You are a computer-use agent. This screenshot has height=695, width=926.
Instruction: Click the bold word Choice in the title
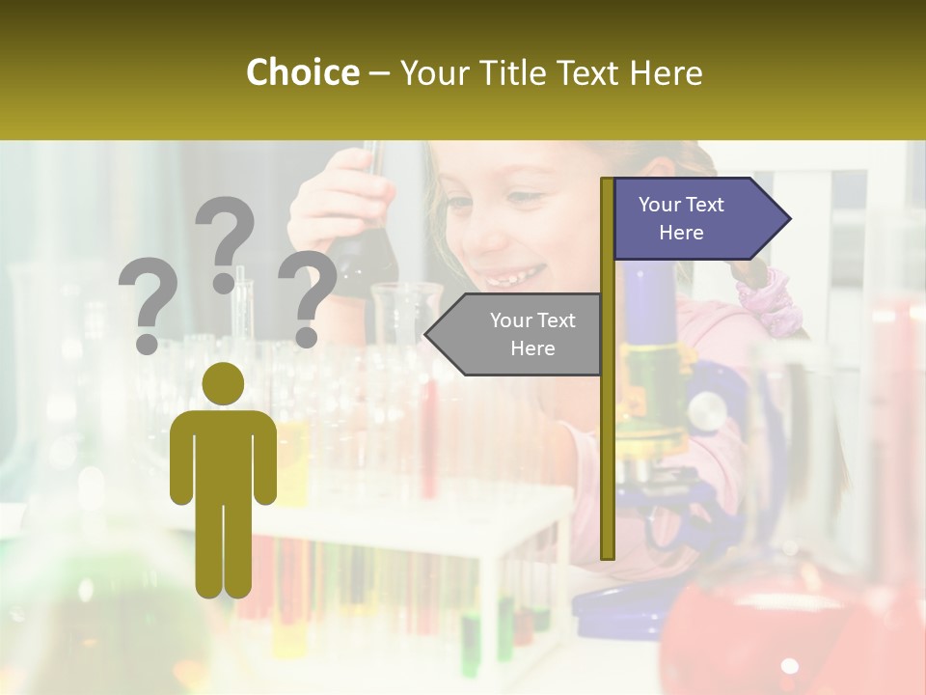click(x=302, y=72)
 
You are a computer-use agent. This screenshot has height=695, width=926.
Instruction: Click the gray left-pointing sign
click(x=516, y=334)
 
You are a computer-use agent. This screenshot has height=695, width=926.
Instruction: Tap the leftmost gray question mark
click(x=148, y=307)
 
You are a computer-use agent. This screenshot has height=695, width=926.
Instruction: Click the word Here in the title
click(x=666, y=72)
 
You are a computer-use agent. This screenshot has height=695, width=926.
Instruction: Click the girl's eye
click(x=523, y=200)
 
